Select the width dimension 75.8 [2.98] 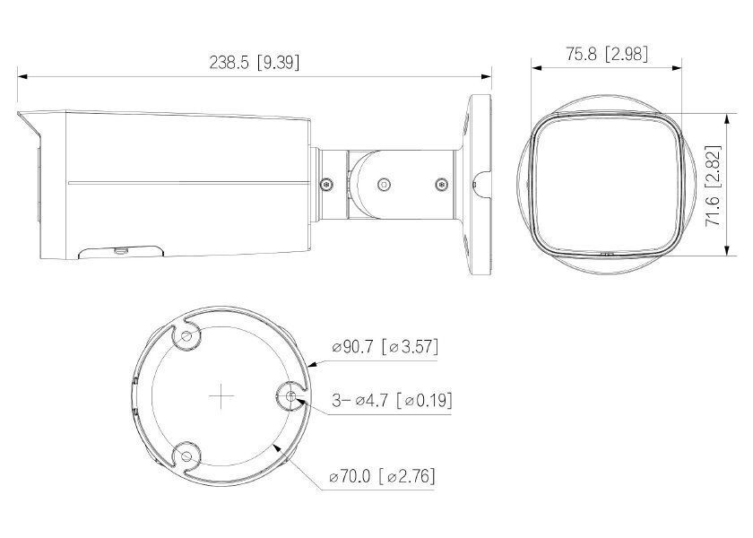607,54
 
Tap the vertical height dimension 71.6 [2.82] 714,186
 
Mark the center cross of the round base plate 219,396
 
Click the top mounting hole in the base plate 186,336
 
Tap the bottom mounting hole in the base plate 186,456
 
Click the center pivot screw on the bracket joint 384,185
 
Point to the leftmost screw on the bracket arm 326,185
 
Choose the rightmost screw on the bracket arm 440,185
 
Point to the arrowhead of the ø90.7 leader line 309,366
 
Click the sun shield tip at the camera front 23,116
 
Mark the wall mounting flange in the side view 480,186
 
